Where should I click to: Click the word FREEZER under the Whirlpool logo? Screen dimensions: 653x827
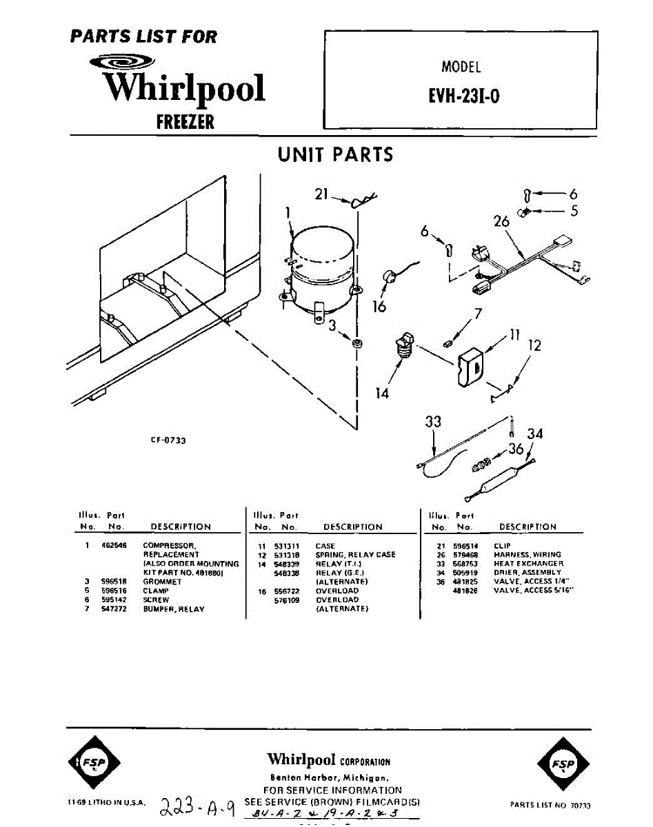pos(185,122)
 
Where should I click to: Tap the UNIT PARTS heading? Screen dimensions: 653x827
pos(335,154)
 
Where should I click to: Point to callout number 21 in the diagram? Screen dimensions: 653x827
pos(322,195)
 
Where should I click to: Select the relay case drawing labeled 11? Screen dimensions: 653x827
pos(472,367)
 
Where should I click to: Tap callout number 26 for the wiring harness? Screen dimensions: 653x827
pos(502,222)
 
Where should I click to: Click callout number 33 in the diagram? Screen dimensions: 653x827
pos(433,422)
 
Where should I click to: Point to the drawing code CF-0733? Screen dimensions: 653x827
pos(168,440)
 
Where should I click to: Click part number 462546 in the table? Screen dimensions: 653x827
pos(111,545)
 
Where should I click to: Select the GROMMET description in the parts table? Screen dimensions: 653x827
pos(162,582)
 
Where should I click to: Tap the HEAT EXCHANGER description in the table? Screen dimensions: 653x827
pos(528,563)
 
